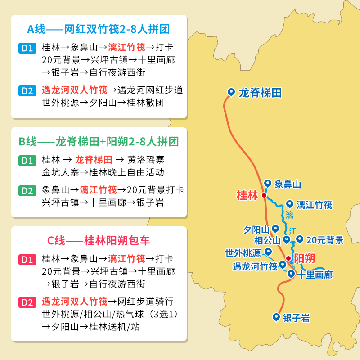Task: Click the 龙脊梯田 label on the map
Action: (x=260, y=93)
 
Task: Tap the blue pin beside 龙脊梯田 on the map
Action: (x=231, y=92)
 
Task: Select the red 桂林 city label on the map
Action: (x=247, y=195)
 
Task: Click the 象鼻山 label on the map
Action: (x=288, y=184)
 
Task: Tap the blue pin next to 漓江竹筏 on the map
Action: (x=290, y=204)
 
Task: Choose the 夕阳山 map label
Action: (x=256, y=229)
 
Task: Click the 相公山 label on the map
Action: (x=267, y=240)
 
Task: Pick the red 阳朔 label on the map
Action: (x=304, y=258)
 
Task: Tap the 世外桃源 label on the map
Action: (x=243, y=253)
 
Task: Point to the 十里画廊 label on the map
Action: (x=315, y=274)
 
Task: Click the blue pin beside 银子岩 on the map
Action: (x=276, y=317)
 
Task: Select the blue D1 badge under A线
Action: (x=27, y=48)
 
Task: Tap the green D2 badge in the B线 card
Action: (x=27, y=190)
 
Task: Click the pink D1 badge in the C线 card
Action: (x=27, y=260)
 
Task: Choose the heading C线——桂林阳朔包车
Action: (x=99, y=240)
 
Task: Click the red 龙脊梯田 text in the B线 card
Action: (x=94, y=160)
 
